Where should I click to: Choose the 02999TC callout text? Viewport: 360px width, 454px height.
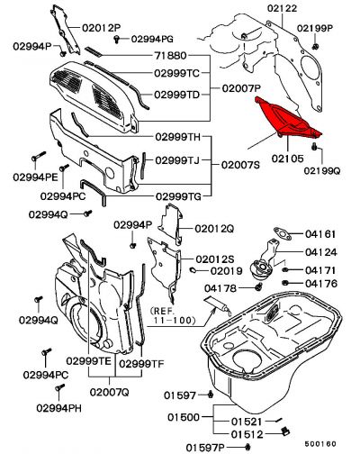click(x=178, y=72)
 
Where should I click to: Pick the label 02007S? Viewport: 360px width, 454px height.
click(x=242, y=166)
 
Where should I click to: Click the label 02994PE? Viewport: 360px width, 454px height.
click(x=35, y=177)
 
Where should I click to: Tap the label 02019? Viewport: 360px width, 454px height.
click(x=227, y=269)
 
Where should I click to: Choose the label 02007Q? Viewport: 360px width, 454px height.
click(x=110, y=393)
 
